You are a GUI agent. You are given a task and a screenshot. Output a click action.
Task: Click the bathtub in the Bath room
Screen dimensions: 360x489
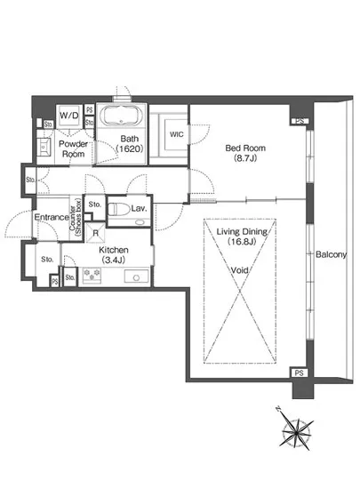tap(121, 116)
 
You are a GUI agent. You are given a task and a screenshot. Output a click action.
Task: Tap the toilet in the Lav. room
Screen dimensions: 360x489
tap(119, 209)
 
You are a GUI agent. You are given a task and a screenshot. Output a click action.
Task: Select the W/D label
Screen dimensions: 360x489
tap(69, 116)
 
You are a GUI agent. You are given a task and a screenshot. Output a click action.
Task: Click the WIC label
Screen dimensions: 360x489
tap(176, 135)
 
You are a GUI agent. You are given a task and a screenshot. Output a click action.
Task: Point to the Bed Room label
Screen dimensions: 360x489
tap(245, 148)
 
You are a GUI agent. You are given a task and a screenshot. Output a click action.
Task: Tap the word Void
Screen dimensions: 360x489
tap(239, 270)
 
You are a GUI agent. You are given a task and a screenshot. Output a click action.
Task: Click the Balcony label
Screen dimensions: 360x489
tap(331, 254)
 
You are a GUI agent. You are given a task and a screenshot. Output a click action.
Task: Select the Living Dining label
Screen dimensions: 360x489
tap(242, 231)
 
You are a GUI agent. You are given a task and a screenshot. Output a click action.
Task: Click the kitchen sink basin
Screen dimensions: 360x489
tap(137, 277)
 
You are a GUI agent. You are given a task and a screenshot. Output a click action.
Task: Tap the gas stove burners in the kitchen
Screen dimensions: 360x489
tap(92, 275)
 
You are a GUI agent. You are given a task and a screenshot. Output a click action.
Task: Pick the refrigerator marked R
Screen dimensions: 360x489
tap(95, 233)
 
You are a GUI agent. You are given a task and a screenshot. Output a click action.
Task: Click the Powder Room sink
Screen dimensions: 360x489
tap(44, 147)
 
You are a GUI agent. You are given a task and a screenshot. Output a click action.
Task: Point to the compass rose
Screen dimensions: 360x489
tap(296, 431)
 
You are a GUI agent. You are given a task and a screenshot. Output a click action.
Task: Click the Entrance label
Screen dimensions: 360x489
tap(52, 217)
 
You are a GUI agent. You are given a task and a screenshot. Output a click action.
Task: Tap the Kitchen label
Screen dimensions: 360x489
tap(114, 250)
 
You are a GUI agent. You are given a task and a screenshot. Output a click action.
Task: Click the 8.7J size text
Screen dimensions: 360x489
tap(245, 158)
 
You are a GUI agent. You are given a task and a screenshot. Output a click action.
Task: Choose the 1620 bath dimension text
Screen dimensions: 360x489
tap(130, 148)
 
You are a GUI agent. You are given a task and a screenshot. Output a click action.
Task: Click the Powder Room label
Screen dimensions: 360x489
tap(73, 148)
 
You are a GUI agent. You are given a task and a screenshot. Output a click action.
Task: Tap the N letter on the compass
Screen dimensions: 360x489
tap(278, 409)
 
